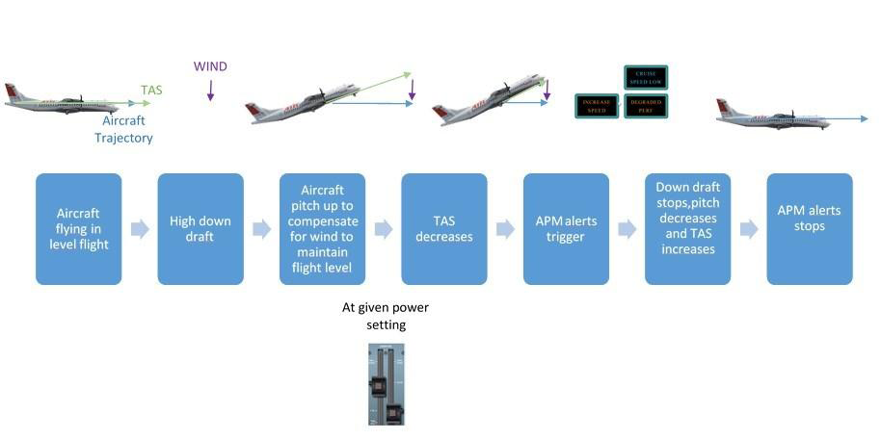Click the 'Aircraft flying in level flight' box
tap(79, 229)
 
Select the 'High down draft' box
tap(200, 229)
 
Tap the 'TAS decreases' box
tap(444, 229)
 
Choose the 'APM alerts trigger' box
tap(566, 229)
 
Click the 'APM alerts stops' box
tap(810, 229)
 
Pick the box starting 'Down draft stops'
tap(687, 229)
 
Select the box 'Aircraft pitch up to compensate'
tap(322, 229)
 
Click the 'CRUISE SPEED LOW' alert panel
tap(645, 78)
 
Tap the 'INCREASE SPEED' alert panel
tap(598, 106)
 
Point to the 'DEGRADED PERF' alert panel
tap(645, 106)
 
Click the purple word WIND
tap(210, 66)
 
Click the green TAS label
tap(152, 91)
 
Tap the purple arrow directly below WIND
tap(210, 91)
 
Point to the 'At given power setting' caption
tap(386, 316)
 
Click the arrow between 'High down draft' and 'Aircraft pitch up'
tap(261, 229)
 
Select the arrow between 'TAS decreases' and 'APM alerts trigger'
tap(505, 229)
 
